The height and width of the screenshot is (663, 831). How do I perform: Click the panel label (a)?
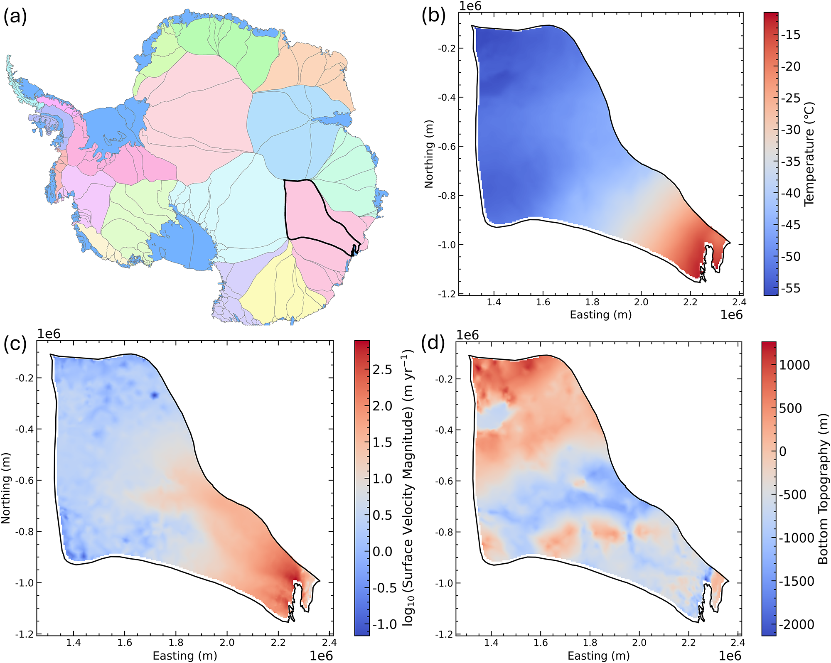15,17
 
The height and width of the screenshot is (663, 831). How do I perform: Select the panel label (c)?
15,344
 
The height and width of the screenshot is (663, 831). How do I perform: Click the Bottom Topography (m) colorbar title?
823,489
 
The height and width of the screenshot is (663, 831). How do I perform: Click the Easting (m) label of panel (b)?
601,314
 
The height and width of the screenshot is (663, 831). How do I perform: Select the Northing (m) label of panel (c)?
6,488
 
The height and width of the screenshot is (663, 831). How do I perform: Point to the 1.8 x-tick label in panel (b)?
592,302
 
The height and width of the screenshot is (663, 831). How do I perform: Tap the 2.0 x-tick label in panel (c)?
227,643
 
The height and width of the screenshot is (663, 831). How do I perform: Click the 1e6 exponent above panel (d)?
468,335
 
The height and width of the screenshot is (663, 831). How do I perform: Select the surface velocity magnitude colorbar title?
409,488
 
